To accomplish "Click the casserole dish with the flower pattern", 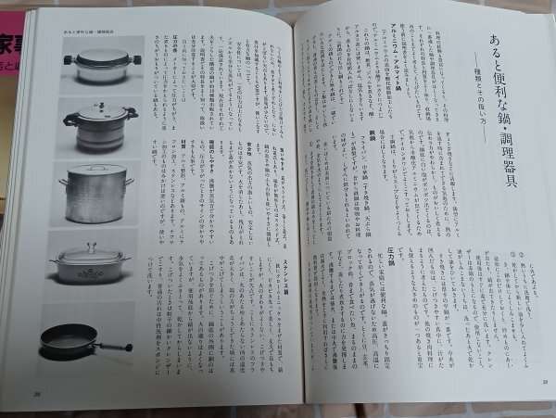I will [x=89, y=269].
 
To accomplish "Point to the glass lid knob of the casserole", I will [x=89, y=247].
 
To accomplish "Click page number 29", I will [x=37, y=395].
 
